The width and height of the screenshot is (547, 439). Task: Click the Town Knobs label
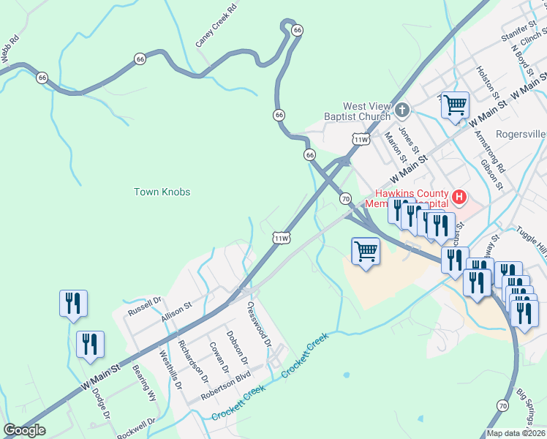pyautogui.click(x=162, y=192)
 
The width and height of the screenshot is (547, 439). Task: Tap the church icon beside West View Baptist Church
pyautogui.click(x=401, y=110)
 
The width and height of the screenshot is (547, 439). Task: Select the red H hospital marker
pyautogui.click(x=459, y=196)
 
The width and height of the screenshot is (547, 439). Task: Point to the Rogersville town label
pyautogui.click(x=521, y=134)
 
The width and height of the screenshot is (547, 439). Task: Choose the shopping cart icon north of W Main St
pyautogui.click(x=455, y=105)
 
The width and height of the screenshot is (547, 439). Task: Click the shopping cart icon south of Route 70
pyautogui.click(x=366, y=251)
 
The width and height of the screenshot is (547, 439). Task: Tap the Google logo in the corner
pyautogui.click(x=24, y=430)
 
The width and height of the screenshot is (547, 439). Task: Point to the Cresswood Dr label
pyautogui.click(x=260, y=326)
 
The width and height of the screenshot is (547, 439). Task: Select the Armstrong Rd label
pyautogui.click(x=489, y=149)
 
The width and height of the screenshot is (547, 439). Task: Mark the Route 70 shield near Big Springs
pyautogui.click(x=502, y=405)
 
